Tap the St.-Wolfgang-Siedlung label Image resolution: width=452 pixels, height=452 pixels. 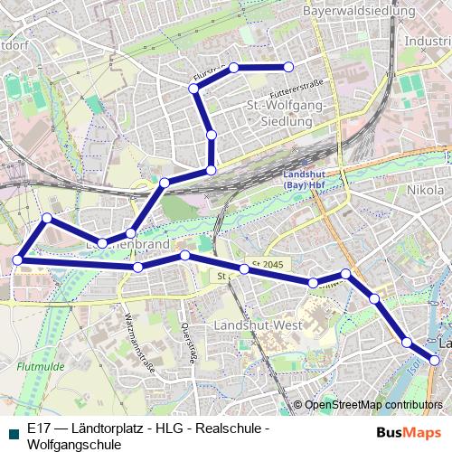(285, 114)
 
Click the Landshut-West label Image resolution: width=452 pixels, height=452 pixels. (258, 324)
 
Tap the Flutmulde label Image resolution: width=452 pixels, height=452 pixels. (38, 367)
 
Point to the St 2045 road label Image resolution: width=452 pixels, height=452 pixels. (268, 263)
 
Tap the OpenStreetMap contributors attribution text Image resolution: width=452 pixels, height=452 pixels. (373, 405)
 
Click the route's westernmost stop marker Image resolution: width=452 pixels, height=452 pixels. (17, 260)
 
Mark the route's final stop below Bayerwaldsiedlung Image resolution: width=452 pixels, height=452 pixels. (289, 67)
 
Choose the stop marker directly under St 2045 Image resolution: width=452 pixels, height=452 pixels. (244, 268)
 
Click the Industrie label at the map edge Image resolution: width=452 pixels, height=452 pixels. (428, 41)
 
